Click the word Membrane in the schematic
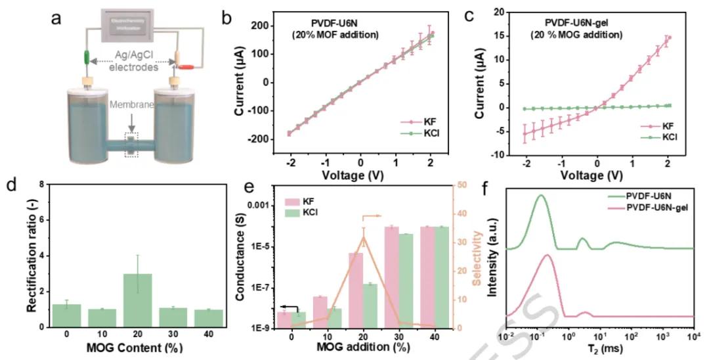[x=128, y=122]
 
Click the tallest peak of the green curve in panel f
[x=541, y=195]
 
